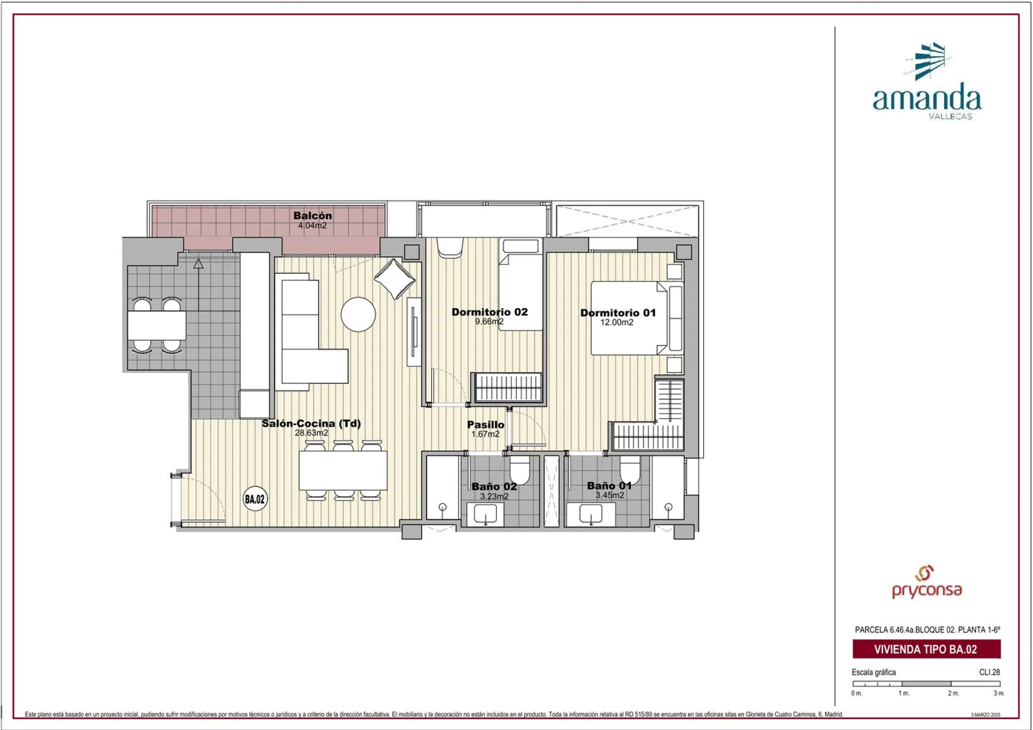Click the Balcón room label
coord(312,216)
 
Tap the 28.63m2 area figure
coord(311,433)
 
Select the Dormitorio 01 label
coord(618,313)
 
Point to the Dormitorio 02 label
coord(489,312)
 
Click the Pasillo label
coord(486,425)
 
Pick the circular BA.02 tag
coord(255,499)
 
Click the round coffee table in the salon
coord(358,314)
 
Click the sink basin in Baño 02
coord(485,514)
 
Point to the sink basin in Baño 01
coord(591,514)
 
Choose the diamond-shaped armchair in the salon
coord(394,279)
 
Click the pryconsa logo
coord(927,583)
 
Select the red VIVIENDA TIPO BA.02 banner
coord(926,649)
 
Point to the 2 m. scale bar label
coord(953,693)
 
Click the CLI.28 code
coord(990,672)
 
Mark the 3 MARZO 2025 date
coord(986,714)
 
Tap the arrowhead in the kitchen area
coord(198,264)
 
